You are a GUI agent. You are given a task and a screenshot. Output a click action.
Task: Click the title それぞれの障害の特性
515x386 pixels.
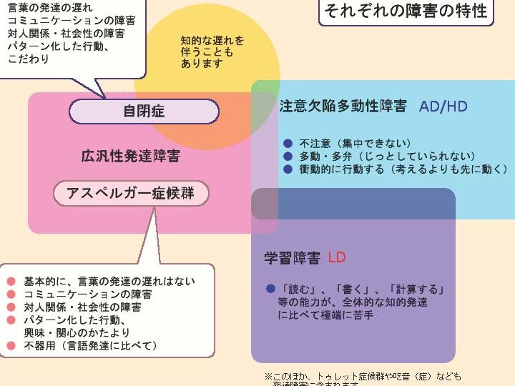406,11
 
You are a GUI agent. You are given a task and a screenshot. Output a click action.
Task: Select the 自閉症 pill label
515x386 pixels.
144,112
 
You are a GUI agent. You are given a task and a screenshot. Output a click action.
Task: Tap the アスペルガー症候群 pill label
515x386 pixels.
131,193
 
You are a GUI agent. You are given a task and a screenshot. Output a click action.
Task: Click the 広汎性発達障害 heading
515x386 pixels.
130,157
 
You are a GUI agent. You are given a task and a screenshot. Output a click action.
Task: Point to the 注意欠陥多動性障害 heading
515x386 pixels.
343,107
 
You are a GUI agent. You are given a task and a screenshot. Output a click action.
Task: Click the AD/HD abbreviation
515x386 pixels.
443,107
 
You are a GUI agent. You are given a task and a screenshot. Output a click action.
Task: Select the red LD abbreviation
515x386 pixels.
337,257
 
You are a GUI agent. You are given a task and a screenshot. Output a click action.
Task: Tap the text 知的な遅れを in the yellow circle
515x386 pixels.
212,40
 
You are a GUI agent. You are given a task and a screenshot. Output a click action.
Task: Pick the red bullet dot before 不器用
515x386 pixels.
11,346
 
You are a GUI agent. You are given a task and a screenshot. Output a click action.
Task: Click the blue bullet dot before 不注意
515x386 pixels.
288,143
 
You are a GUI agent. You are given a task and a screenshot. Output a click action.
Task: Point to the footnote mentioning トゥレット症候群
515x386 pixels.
365,377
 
